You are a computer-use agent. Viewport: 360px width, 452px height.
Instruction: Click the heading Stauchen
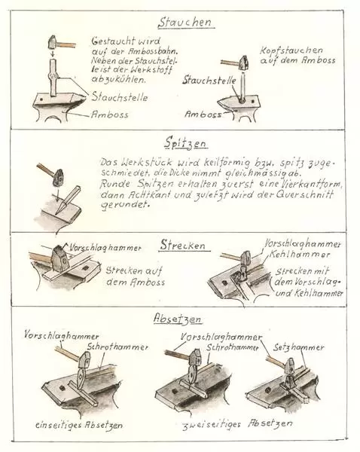click(185, 23)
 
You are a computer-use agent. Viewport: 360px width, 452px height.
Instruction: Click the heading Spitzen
click(186, 143)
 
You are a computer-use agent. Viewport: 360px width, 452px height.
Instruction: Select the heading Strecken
click(183, 245)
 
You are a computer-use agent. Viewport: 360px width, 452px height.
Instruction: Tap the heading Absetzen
click(177, 319)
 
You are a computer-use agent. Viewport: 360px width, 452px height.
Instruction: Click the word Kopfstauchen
click(291, 51)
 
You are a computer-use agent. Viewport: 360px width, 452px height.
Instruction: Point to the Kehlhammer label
click(300, 255)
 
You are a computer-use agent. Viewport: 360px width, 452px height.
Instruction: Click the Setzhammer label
click(299, 347)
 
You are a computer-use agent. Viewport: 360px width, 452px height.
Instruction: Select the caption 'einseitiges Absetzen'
click(79, 425)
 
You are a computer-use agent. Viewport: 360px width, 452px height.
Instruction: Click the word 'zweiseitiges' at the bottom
click(212, 425)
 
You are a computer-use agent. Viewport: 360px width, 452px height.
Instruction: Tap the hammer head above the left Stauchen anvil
click(53, 42)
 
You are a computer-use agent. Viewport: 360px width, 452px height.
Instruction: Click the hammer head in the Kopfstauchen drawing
click(244, 63)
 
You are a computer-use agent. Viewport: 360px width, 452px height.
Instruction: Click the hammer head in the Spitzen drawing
click(59, 177)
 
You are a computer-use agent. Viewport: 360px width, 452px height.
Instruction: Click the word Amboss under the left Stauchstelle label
click(110, 115)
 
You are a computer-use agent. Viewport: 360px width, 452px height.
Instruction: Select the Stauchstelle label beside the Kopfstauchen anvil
click(209, 80)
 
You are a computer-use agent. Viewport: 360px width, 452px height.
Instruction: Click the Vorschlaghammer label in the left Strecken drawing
click(105, 248)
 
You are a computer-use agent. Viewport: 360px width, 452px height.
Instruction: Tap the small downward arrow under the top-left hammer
click(53, 53)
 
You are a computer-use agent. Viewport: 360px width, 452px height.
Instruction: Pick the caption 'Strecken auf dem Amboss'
click(135, 276)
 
